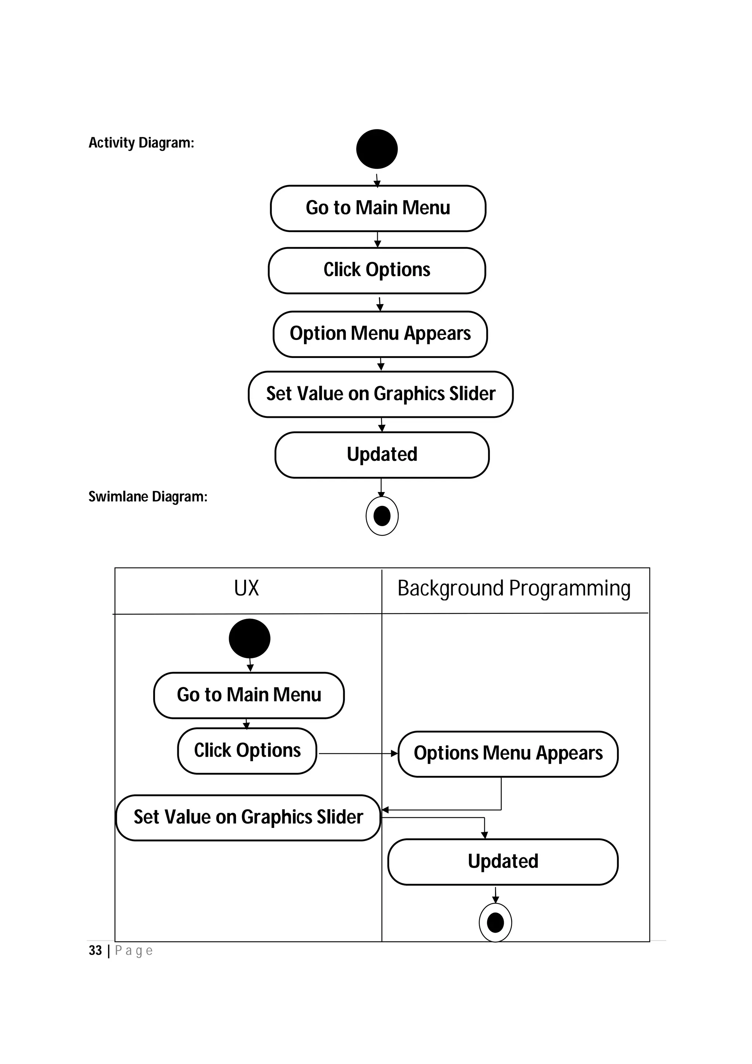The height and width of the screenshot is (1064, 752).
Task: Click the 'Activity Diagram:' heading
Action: tap(141, 143)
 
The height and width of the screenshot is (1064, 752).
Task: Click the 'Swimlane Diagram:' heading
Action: tap(148, 497)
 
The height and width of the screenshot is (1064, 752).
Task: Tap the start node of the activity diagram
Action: tap(377, 149)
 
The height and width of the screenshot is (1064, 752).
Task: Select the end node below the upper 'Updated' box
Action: tap(382, 516)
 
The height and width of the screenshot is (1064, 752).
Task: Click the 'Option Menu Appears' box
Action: tap(380, 334)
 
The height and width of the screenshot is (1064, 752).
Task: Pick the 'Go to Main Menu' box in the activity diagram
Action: tap(377, 208)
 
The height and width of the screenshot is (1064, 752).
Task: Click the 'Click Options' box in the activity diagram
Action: tap(377, 270)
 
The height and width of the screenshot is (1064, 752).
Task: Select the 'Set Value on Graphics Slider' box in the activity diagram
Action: tap(380, 394)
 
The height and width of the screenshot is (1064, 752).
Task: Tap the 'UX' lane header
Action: tap(246, 589)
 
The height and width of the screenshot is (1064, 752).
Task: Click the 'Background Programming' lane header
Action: tap(514, 589)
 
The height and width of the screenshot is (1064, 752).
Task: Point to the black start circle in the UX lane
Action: tap(249, 638)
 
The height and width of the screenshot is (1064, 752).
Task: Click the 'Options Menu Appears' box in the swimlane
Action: tap(508, 753)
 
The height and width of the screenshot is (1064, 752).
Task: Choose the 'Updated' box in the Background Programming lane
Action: tap(503, 861)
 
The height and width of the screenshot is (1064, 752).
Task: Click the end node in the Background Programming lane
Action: tap(495, 923)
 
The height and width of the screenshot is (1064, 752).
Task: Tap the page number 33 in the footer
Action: tap(95, 951)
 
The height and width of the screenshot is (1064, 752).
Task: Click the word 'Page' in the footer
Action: tap(133, 951)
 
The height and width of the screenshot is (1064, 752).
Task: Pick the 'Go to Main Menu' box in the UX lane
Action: tap(249, 695)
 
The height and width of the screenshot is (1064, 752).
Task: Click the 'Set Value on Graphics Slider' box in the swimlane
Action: tap(248, 817)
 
